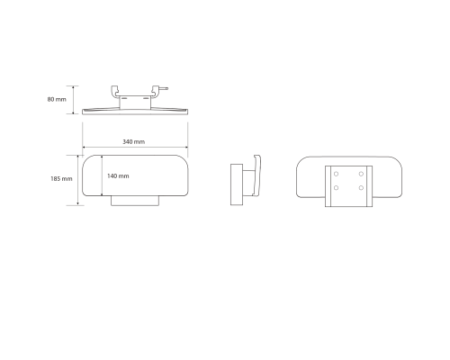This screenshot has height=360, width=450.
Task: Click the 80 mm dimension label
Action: (x=57, y=99)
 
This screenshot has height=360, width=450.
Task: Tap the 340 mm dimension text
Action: (x=133, y=141)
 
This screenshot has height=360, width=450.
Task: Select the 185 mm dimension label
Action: (x=61, y=179)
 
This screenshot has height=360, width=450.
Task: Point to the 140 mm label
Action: (x=118, y=176)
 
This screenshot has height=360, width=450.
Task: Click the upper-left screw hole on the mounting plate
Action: (x=336, y=174)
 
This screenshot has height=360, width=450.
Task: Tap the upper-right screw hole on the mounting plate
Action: (x=361, y=174)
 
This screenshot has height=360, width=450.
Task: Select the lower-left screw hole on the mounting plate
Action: (x=336, y=188)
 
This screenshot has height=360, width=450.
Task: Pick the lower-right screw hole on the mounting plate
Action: (x=361, y=188)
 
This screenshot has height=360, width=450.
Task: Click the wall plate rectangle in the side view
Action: (x=237, y=184)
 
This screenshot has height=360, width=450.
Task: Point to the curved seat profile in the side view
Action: (x=257, y=175)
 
